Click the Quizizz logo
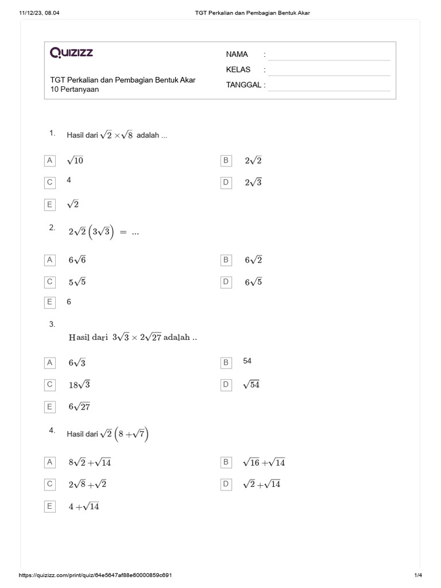[72, 53]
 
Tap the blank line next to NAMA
[329, 56]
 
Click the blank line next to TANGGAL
[329, 87]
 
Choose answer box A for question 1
[50, 161]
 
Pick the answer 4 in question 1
[69, 180]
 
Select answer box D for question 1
[226, 183]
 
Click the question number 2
[52, 228]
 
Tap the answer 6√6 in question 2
[78, 260]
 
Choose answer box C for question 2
[50, 282]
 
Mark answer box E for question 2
[50, 301]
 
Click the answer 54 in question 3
[247, 361]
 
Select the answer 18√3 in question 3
[80, 385]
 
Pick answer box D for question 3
[226, 385]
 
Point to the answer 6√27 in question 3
[80, 407]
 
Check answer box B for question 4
[226, 462]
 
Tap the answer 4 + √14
[84, 506]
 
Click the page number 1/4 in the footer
[417, 575]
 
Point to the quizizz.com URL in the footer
[96, 575]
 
